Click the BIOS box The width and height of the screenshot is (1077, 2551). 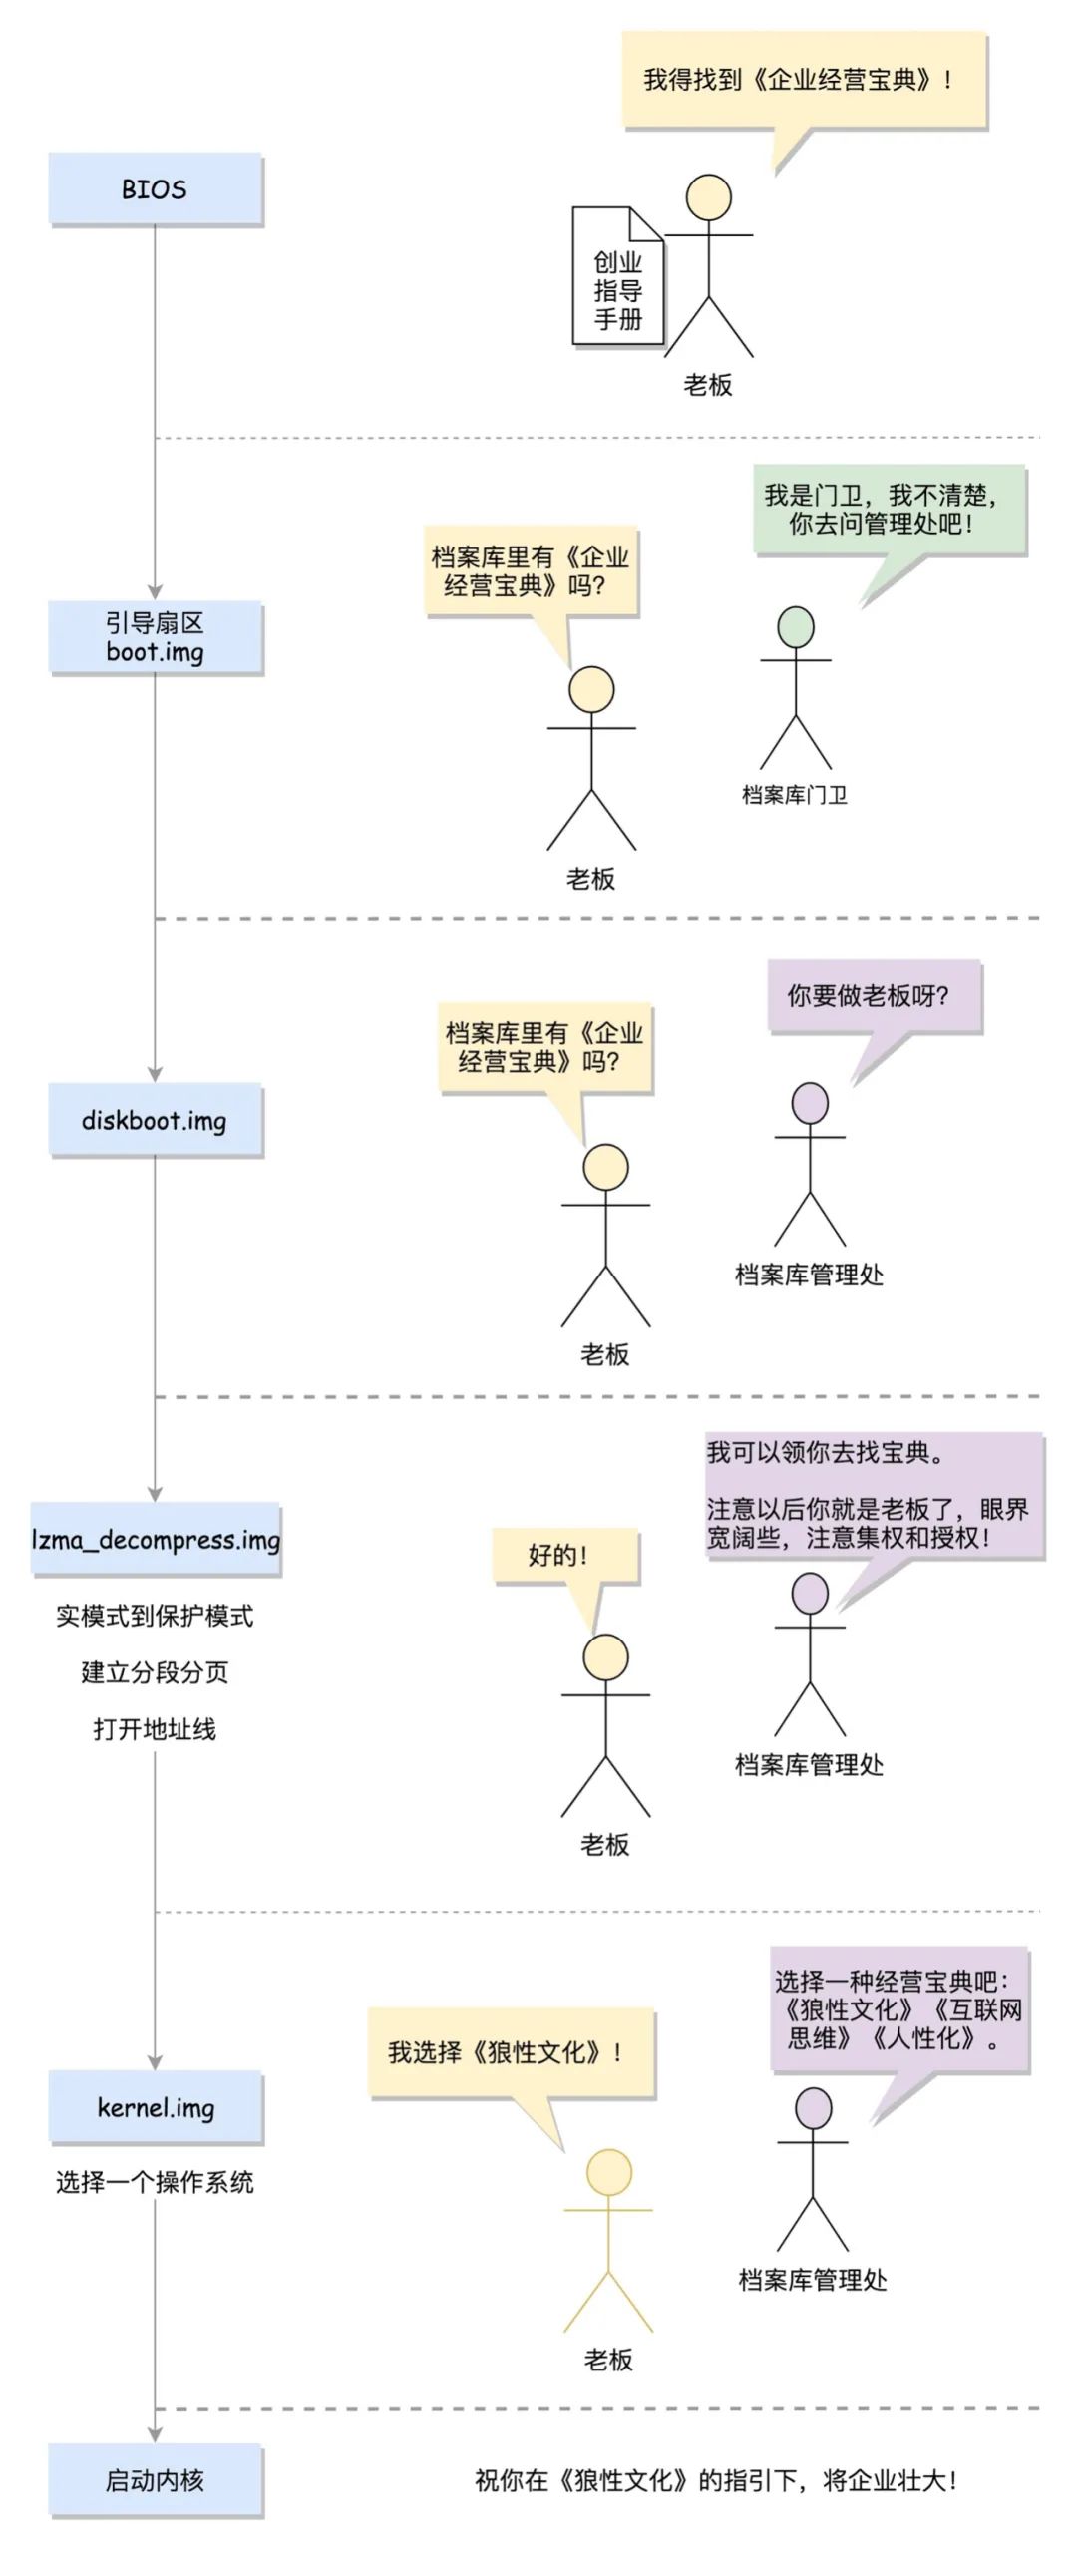155,188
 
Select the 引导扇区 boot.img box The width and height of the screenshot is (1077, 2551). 155,637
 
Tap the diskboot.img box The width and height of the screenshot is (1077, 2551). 155,1120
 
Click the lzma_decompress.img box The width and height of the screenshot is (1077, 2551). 155,1539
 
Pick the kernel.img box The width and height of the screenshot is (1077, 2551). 155,2107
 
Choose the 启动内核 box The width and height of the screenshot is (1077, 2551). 155,2480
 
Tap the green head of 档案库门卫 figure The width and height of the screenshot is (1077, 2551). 796,627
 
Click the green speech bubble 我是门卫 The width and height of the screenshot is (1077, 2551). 889,509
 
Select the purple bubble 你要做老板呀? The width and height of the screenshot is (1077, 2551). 874,995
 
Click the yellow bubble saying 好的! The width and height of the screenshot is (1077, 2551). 564,1555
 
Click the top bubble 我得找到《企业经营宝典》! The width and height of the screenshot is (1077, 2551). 804,80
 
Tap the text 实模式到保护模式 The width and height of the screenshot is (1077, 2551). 155,1616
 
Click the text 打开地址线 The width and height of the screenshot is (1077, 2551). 155,1729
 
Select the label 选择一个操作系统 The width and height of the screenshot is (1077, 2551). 155,2182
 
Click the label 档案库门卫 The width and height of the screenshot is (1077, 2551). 795,795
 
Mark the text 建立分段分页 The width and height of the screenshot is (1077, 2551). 155,1672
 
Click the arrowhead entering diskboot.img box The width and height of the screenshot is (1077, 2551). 155,1074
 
